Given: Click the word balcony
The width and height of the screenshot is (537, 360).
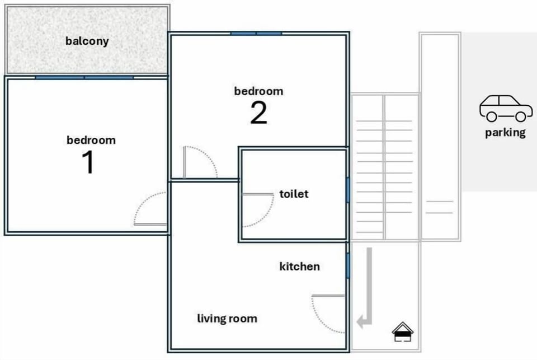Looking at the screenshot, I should coord(87,41).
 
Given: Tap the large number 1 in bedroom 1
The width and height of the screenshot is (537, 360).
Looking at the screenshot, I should coord(88,162).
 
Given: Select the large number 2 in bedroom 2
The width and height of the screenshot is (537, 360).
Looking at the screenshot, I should coord(258,113).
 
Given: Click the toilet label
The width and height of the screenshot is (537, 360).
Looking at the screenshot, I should coord(294,194).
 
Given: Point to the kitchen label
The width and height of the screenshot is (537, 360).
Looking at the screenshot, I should coord(299,267).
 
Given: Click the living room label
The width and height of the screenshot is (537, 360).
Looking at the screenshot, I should coord(227,319).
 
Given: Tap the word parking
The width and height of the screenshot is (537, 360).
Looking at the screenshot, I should coord(505,133).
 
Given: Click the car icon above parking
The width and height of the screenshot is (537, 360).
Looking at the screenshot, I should coord(505,108).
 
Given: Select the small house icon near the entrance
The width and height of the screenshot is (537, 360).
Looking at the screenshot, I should coord(402,332).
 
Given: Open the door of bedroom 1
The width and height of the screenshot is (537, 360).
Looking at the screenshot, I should coord(150,210).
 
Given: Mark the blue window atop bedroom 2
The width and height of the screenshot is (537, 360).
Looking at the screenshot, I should coord(256,34).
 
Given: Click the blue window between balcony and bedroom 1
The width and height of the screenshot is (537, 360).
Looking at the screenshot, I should coord(84,77).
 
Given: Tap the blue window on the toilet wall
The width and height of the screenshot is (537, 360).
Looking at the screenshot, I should coord(347,190).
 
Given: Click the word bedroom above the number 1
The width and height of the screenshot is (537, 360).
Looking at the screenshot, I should coord(91,140).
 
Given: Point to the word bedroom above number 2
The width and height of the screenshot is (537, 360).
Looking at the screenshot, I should coord(258,91).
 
